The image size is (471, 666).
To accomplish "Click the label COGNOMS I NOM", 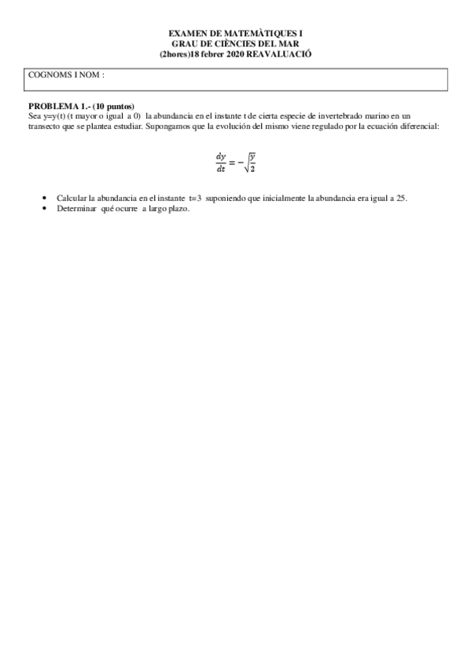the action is [66, 75].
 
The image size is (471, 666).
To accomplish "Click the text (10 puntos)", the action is [113, 106].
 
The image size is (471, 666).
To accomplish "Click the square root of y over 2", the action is [251, 163].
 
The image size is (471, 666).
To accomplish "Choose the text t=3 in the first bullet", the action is [195, 199].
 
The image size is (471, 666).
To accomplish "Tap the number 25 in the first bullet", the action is [401, 199].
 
